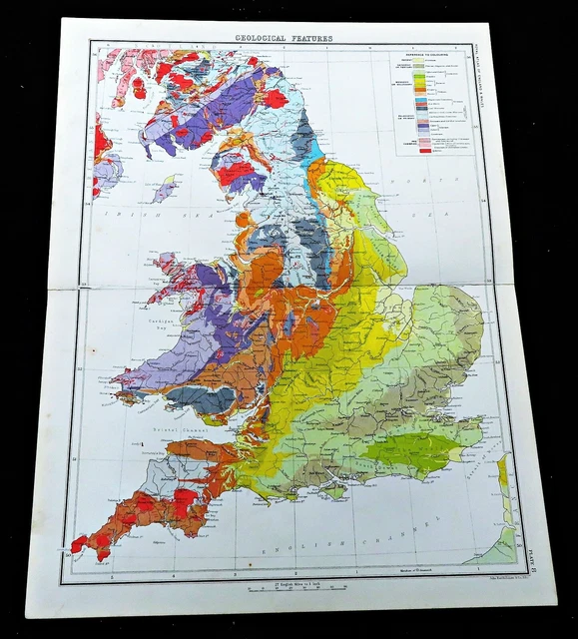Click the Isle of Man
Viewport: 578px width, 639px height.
(x=164, y=188)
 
